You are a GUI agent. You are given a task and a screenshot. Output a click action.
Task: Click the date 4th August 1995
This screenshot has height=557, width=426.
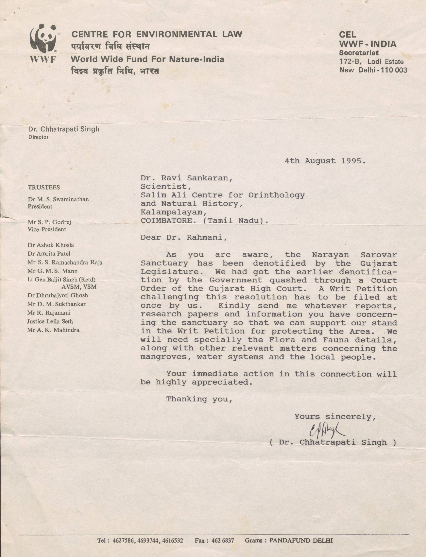click(325, 161)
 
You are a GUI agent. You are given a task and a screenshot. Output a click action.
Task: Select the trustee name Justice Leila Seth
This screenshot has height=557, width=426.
click(50, 321)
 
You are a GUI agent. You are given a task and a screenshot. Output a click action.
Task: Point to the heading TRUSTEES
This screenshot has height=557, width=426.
click(44, 187)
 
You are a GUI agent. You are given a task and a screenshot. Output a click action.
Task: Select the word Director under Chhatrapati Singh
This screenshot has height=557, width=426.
click(38, 137)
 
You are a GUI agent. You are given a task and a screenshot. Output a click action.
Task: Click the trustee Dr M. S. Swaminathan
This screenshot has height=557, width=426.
click(58, 199)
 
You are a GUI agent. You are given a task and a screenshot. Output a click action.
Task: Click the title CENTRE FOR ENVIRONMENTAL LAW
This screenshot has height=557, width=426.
click(157, 34)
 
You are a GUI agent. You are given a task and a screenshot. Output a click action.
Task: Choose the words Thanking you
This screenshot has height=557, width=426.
click(199, 399)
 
